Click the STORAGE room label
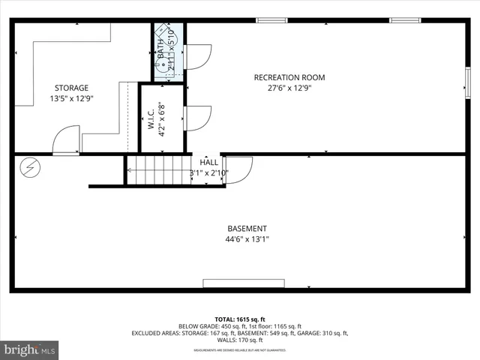(x=71, y=88)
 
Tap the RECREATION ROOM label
(x=289, y=77)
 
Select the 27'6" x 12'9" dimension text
(x=289, y=88)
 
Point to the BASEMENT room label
(x=247, y=229)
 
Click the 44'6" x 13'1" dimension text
(x=247, y=239)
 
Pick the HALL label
(x=209, y=162)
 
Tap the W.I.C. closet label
(x=151, y=120)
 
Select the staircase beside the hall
(x=158, y=169)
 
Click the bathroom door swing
(x=197, y=57)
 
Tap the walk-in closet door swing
(x=196, y=118)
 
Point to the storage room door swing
(x=65, y=140)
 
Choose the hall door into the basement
(x=238, y=169)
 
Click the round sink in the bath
(x=161, y=66)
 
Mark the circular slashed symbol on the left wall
(x=30, y=166)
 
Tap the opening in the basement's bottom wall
(x=244, y=283)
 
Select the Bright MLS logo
(x=30, y=349)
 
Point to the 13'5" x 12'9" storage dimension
(x=71, y=98)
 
